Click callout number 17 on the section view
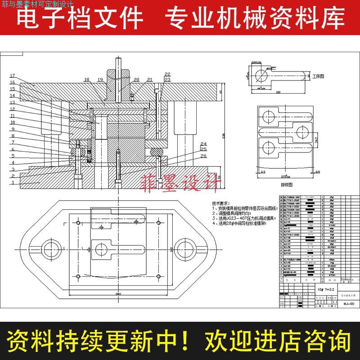(x=13, y=75)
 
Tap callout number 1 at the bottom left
(x=13, y=183)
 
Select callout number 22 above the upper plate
(x=167, y=74)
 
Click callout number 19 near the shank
(x=101, y=80)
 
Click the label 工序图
(x=319, y=76)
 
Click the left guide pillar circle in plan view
(x=49, y=248)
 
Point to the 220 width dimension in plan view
(x=117, y=293)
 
